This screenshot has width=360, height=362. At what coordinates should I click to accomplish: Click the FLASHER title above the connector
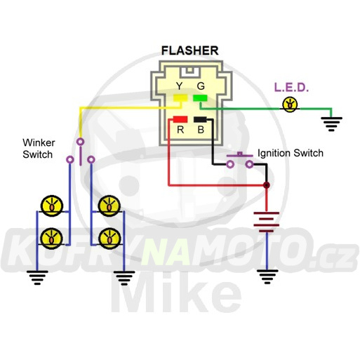coord(190,51)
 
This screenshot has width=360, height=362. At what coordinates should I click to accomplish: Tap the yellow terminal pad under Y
coord(180,98)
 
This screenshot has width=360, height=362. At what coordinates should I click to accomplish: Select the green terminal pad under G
coord(200,98)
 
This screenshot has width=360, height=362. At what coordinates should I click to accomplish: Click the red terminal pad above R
coord(180,119)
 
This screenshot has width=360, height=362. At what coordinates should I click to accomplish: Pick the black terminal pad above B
coord(200,119)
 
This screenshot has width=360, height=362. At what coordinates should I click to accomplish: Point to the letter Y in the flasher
coord(180,86)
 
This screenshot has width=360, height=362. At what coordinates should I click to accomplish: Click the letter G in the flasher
coord(201,86)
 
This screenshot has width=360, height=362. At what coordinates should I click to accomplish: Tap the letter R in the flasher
coord(180,130)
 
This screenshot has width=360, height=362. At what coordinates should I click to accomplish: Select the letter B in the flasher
coord(201,130)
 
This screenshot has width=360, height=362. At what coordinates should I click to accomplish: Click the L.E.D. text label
coord(291,87)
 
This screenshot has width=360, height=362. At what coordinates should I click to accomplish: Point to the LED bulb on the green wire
coord(290,105)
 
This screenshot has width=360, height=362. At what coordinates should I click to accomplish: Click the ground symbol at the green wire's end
coord(331,124)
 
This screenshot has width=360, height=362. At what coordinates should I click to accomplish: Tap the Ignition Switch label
coord(291,153)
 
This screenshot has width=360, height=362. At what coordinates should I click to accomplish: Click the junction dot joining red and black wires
coord(267,185)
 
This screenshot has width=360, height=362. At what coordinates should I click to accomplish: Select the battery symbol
coord(267,222)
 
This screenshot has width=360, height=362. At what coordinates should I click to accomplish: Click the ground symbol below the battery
coord(267,276)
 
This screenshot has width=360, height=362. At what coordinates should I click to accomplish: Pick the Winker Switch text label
coord(39,149)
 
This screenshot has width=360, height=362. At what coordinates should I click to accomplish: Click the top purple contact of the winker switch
coord(81,142)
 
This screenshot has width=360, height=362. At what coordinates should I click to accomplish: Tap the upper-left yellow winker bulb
coord(52,206)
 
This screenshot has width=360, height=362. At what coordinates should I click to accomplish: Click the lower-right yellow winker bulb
coord(109,239)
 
